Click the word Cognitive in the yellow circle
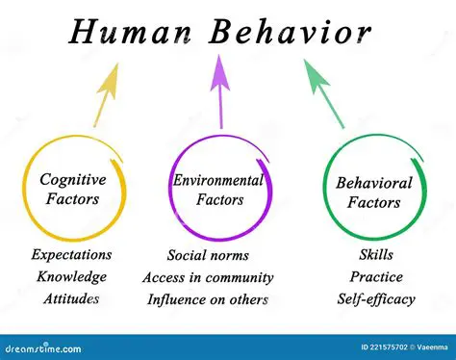(72, 179)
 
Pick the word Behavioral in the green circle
(373, 183)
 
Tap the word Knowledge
(72, 276)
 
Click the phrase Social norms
(208, 255)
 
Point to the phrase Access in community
(208, 277)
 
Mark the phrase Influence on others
(208, 298)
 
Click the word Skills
(376, 255)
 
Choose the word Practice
(376, 277)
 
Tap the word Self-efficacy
(376, 298)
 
